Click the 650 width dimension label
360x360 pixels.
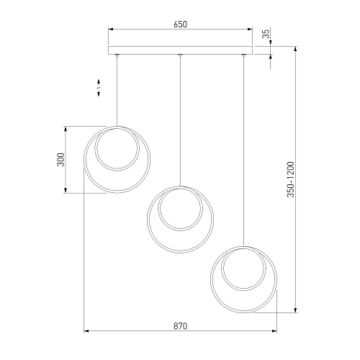(x=180, y=24)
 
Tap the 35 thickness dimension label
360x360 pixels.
(x=266, y=33)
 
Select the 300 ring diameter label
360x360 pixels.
(x=61, y=159)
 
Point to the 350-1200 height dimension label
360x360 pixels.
(x=290, y=179)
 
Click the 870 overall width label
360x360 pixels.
(x=180, y=326)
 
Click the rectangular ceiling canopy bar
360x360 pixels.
(x=180, y=50)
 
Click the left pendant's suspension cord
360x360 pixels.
(x=117, y=91)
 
